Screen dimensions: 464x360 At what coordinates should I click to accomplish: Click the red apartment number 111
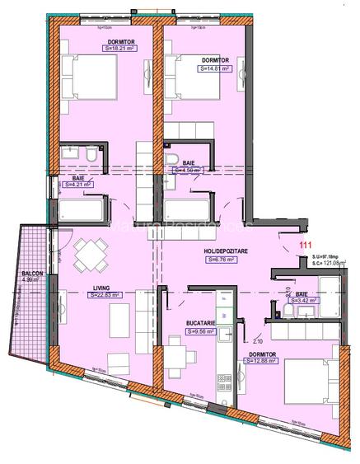click(x=306, y=246)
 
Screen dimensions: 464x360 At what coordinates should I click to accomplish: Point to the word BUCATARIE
click(x=201, y=323)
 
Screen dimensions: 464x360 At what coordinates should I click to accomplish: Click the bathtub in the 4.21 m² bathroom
click(x=83, y=212)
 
